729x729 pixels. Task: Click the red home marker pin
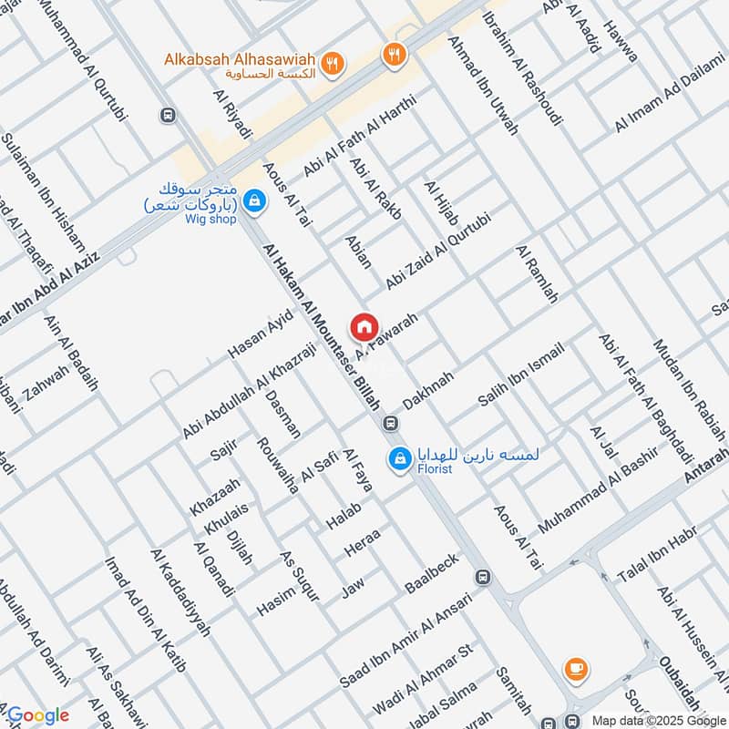pyautogui.click(x=363, y=326)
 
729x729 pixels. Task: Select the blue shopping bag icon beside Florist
pyautogui.click(x=398, y=459)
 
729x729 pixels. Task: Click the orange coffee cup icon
pyautogui.click(x=575, y=669)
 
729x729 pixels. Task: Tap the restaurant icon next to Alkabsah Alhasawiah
pyautogui.click(x=334, y=63)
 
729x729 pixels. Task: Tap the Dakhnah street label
pyautogui.click(x=428, y=390)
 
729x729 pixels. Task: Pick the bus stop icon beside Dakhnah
pyautogui.click(x=390, y=424)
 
